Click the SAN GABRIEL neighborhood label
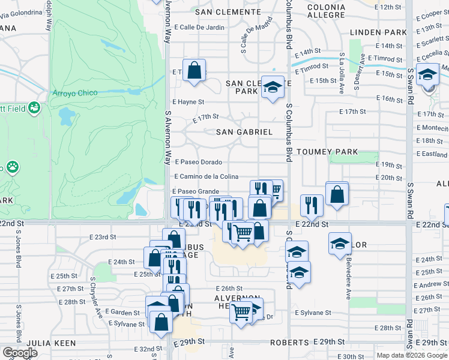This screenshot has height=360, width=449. [244, 132]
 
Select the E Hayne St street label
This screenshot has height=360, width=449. [188, 103]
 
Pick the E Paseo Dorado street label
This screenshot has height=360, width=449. [199, 162]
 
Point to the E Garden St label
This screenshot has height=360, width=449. [122, 312]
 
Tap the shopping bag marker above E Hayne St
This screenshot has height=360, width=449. [194, 70]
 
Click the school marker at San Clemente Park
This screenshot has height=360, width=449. [273, 87]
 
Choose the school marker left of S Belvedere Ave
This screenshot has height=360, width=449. [340, 244]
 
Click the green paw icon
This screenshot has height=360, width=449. [12, 166]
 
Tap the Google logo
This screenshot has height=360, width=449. [20, 353]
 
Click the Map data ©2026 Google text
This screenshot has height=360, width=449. [412, 355]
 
